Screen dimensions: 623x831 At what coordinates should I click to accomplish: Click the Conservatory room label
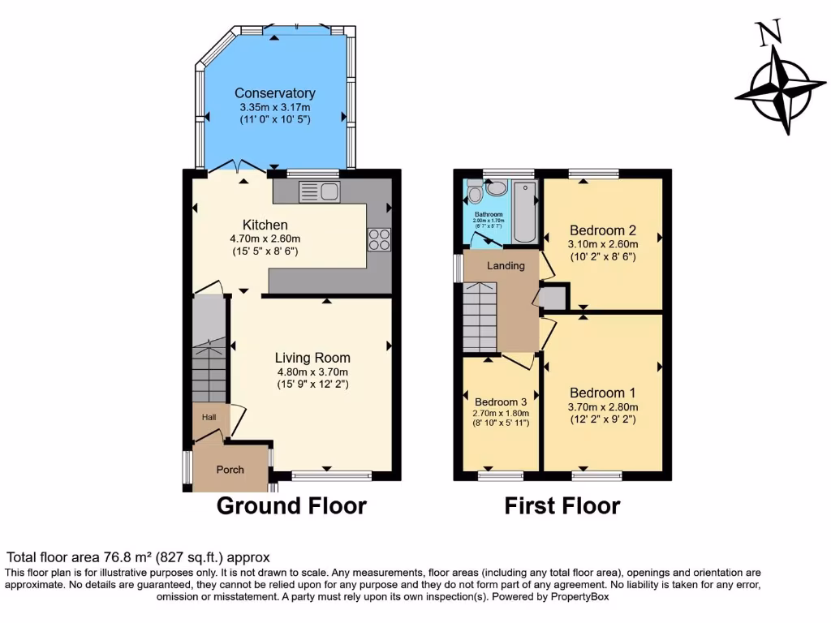coord(274,93)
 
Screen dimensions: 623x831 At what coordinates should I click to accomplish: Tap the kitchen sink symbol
coord(319,191)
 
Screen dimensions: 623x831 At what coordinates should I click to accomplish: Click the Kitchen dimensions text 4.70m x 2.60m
coord(265,238)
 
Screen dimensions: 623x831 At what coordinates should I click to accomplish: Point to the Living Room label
coord(312,357)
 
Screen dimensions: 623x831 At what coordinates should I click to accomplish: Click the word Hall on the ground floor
coord(209,417)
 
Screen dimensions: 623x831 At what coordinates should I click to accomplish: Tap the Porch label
coord(230,469)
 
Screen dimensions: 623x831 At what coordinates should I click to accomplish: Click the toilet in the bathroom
coord(478,192)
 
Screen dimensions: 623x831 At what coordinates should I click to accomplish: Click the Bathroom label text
coord(489,214)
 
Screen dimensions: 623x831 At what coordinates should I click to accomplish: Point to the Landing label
coord(506,265)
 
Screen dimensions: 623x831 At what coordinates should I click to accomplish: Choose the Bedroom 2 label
coord(602,229)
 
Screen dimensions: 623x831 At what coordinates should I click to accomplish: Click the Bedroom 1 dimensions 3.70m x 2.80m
coord(604,407)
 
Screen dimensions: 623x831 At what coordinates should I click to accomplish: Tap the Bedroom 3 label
coord(501,402)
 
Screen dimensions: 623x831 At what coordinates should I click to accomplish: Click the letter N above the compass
coord(769,32)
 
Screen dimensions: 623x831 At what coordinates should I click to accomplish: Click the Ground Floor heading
coord(291,506)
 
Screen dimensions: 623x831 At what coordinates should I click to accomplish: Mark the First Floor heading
coord(562,506)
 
